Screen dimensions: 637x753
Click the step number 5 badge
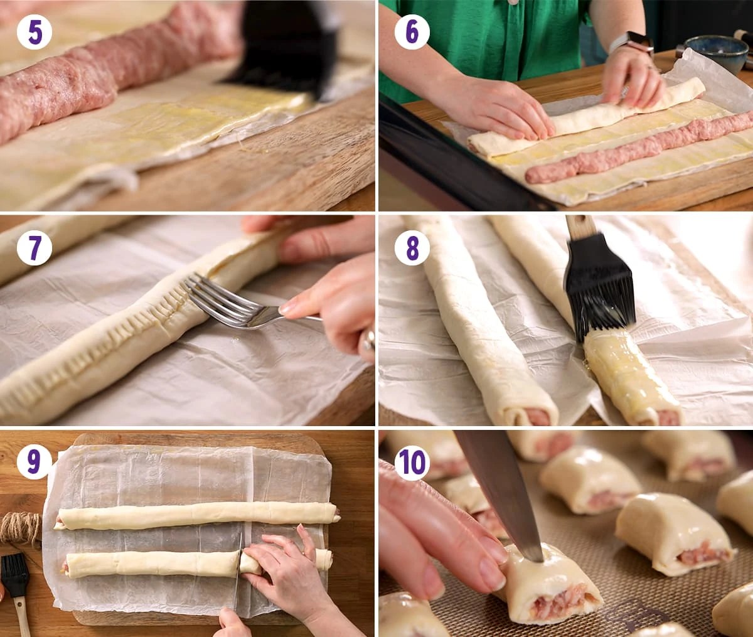(x=35, y=32)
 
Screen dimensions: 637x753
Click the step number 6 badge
(x=412, y=32)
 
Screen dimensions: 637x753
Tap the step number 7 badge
(x=35, y=248)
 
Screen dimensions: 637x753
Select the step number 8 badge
(x=412, y=248)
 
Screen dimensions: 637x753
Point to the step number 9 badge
(x=35, y=463)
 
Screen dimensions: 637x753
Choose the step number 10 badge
(x=412, y=463)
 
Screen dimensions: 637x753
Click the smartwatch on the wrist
(x=631, y=43)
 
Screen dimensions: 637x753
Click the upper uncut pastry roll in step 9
(x=195, y=516)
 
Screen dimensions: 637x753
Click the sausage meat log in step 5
(x=107, y=69)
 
